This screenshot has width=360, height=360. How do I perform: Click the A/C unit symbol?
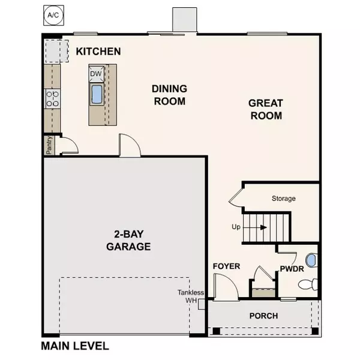point(53,14)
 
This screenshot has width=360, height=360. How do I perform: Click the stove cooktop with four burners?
point(52,98)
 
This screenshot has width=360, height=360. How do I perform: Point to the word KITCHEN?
point(99,52)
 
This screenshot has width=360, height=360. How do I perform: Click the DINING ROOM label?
point(169,95)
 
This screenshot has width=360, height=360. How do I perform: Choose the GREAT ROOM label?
point(266,109)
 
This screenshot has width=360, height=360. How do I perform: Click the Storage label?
point(283,198)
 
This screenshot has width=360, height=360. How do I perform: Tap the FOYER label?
point(227,266)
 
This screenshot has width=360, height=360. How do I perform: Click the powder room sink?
point(311,260)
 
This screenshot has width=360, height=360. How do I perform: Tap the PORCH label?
point(264,316)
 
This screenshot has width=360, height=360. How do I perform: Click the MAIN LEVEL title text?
point(75,346)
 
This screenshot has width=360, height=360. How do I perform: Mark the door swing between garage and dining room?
point(129,146)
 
